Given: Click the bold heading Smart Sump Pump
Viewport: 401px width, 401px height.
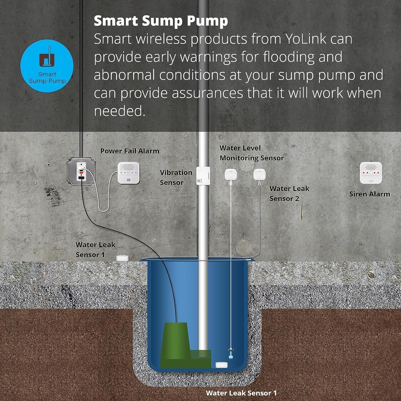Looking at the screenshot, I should click(161, 21).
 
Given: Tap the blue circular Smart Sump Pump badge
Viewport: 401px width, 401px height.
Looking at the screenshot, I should click(47, 66).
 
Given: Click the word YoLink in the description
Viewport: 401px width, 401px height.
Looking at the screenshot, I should click(305, 39).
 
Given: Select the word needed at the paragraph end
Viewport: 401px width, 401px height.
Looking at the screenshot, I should click(119, 111).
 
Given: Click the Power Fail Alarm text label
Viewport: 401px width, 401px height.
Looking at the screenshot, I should click(130, 151).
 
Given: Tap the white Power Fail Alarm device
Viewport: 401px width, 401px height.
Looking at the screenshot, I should click(129, 173).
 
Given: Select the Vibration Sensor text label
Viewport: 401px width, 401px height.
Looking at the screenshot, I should click(176, 178).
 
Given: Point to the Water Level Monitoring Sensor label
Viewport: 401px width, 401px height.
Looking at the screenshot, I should click(251, 153).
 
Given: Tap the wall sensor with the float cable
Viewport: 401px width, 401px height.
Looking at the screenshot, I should click(230, 175).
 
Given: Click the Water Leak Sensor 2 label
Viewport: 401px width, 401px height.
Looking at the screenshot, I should click(289, 194).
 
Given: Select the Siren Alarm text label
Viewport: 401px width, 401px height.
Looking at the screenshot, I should click(369, 194).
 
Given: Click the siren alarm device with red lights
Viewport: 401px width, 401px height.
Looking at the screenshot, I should click(371, 173).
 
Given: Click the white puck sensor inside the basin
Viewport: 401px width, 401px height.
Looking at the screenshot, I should click(222, 365).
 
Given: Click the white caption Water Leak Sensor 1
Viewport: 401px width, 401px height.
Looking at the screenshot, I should click(241, 393).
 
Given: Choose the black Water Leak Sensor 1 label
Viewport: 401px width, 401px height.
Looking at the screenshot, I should click(95, 250).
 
